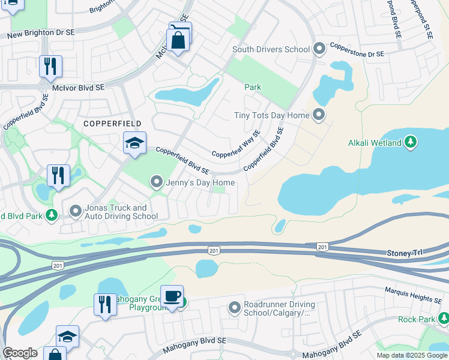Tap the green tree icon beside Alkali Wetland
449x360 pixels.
coord(411,142)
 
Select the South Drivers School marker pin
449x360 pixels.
coord(319,48)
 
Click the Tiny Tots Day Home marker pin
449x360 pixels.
coord(319,115)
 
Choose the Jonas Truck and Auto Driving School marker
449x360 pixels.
coord(76,211)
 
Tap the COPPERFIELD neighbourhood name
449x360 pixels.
coord(113,124)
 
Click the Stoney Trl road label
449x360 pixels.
coord(405,254)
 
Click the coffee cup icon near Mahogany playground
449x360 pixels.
coord(172,296)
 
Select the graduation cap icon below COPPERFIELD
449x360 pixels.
coord(134,143)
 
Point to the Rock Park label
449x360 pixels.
coord(416,319)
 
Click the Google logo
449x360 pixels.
coord(20,353)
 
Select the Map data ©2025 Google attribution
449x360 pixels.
coord(411,355)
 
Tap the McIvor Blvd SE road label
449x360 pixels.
coord(78,88)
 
